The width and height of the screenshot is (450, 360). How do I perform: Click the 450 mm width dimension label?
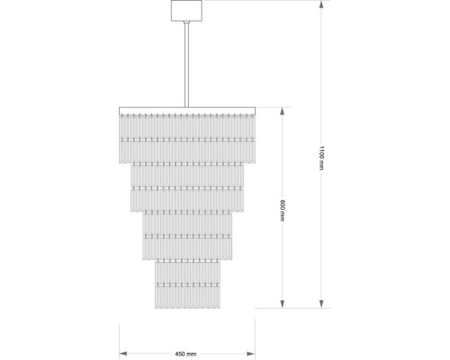[x=185, y=354]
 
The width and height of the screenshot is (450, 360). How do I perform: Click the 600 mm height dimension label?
[x=282, y=211]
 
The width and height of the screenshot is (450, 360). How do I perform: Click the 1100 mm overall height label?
[x=321, y=158]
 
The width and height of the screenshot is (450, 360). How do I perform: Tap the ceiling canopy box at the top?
[x=186, y=11]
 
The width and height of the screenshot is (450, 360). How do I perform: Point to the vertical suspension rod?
[x=186, y=65]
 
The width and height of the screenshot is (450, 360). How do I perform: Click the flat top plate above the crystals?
[x=187, y=111]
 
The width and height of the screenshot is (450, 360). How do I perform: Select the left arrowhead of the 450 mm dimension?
[x=123, y=354]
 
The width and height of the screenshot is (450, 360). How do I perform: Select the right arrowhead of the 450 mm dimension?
[x=251, y=354]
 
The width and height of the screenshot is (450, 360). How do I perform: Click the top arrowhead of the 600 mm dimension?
[x=282, y=112]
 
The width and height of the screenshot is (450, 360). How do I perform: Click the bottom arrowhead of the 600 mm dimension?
[x=282, y=304]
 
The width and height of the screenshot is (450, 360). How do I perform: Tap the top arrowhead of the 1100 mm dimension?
[x=321, y=4]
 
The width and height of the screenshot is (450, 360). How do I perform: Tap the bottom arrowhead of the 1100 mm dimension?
[x=321, y=304]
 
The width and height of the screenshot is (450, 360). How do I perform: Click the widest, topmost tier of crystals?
[x=187, y=139]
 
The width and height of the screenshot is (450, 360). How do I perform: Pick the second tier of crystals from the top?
[x=187, y=187]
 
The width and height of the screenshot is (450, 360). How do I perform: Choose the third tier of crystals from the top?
[x=187, y=236]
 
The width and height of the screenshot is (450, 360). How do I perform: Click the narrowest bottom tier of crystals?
[x=187, y=284]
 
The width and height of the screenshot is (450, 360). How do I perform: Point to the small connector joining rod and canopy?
[x=186, y=22]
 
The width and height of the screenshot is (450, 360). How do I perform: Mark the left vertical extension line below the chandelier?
[x=120, y=341]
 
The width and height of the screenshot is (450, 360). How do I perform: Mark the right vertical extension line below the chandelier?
[x=255, y=339]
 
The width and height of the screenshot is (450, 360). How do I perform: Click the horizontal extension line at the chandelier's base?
[x=292, y=308]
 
